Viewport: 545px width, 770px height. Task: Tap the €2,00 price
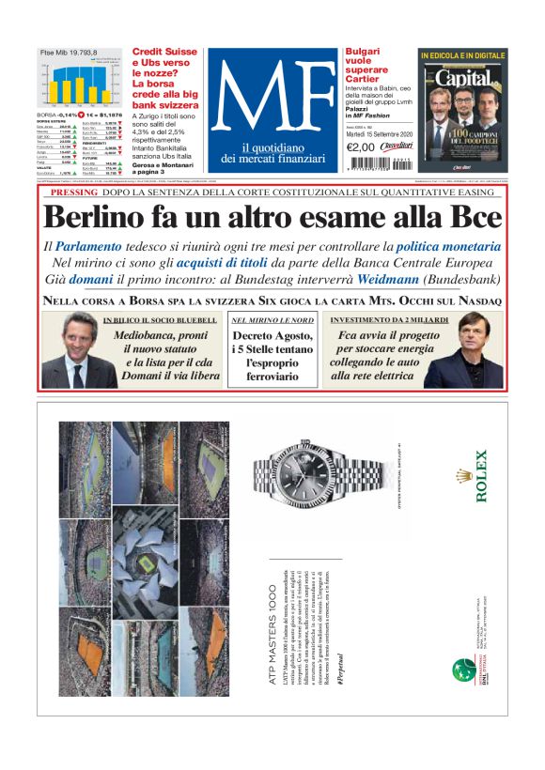pos(361,147)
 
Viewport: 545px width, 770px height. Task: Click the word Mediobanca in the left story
pos(148,335)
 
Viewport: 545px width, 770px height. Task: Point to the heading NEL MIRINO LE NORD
pos(272,320)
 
